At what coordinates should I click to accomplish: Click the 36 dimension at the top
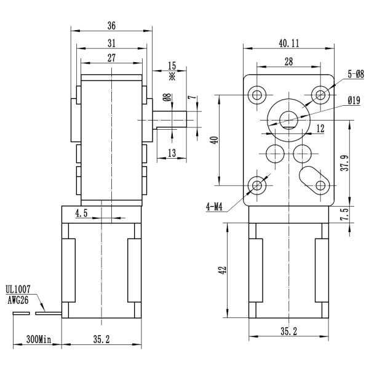coord(111,26)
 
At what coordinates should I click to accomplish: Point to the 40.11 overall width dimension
coord(288,44)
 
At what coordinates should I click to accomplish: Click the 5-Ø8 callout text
coord(355,74)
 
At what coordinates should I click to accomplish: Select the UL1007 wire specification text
coord(18,288)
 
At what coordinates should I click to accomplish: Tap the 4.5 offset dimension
coord(81,213)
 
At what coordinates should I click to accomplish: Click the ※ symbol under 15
coord(172,77)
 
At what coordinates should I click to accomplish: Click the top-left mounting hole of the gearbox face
coord(257,94)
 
